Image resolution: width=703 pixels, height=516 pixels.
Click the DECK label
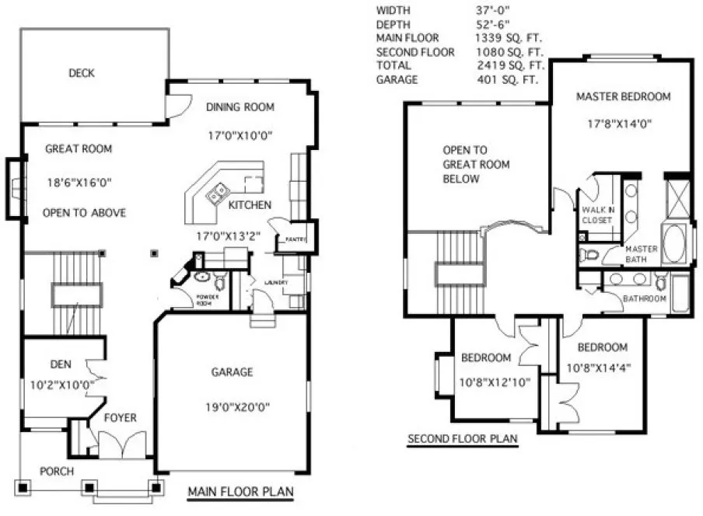[81, 73]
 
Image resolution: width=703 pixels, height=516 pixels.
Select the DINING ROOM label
[240, 106]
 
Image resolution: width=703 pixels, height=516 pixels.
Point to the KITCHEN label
[250, 205]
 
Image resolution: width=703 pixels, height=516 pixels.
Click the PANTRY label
[294, 239]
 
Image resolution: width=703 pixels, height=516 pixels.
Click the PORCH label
[57, 471]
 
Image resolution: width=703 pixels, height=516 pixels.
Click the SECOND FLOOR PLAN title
[463, 439]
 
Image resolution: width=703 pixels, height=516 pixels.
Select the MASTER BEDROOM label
[623, 96]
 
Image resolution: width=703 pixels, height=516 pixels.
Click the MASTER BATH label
[642, 254]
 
